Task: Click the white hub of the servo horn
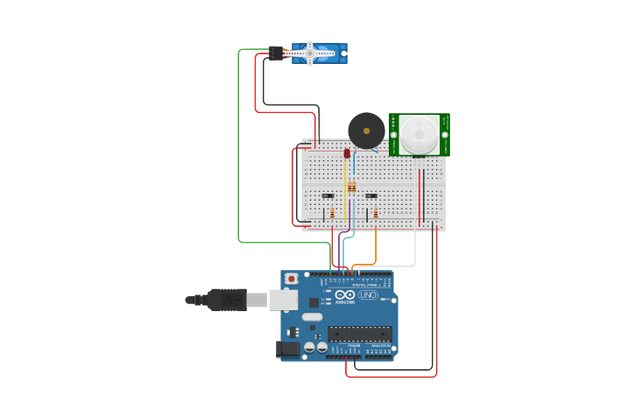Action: pyautogui.click(x=309, y=53)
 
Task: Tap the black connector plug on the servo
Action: pyautogui.click(x=276, y=53)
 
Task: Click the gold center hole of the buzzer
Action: pyautogui.click(x=366, y=131)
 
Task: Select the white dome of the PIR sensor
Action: pyautogui.click(x=420, y=134)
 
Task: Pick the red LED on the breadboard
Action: pyautogui.click(x=347, y=153)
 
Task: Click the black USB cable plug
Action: pyautogui.click(x=226, y=300)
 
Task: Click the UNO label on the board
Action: pyautogui.click(x=368, y=295)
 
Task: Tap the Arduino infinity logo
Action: pyautogui.click(x=344, y=295)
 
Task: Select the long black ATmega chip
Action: pyautogui.click(x=360, y=333)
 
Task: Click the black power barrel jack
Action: pyautogui.click(x=287, y=349)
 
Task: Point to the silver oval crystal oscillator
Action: pyautogui.click(x=312, y=315)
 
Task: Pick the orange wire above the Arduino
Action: pyautogui.click(x=376, y=250)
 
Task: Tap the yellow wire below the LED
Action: pyautogui.click(x=346, y=197)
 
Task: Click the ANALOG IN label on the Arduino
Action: pyautogui.click(x=380, y=346)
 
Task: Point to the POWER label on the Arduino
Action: pyautogui.click(x=354, y=346)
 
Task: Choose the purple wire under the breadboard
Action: pyautogui.click(x=340, y=250)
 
